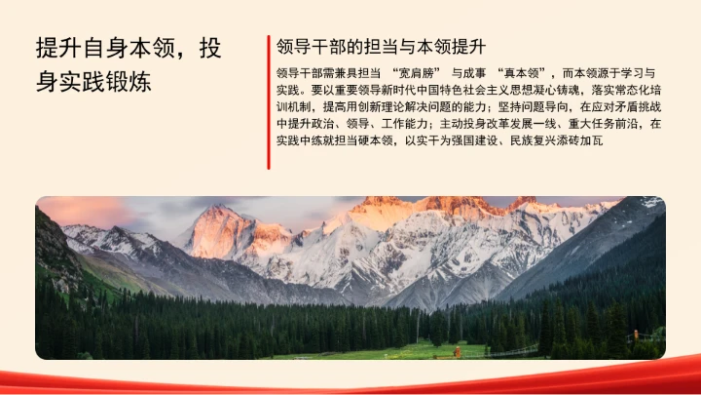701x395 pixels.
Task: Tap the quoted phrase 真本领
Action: [x=521, y=73]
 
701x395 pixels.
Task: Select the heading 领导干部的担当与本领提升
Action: [x=382, y=47]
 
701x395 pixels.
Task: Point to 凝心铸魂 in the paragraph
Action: [x=558, y=90]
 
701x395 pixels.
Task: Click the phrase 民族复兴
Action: [x=532, y=139]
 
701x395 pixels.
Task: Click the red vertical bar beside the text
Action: [x=268, y=102]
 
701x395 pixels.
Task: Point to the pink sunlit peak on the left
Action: [x=222, y=229]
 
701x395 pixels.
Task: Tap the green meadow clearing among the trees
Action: [x=409, y=350]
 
